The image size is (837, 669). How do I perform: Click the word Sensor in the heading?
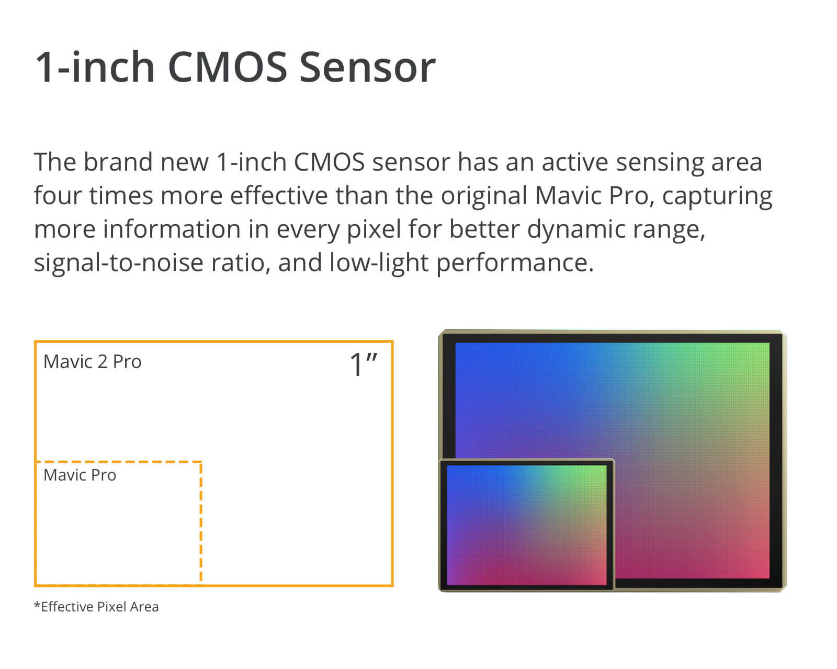coord(368,68)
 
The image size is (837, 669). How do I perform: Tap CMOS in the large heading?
coord(228,68)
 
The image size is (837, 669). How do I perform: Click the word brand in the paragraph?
coord(118,162)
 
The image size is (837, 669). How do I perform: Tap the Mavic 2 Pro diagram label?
coord(93,362)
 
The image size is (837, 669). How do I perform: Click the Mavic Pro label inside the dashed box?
coord(80,475)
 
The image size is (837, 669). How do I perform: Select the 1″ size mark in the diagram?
coord(363,364)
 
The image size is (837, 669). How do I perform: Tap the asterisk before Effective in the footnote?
coord(37,605)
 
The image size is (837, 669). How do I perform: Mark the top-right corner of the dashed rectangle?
coord(201,462)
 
